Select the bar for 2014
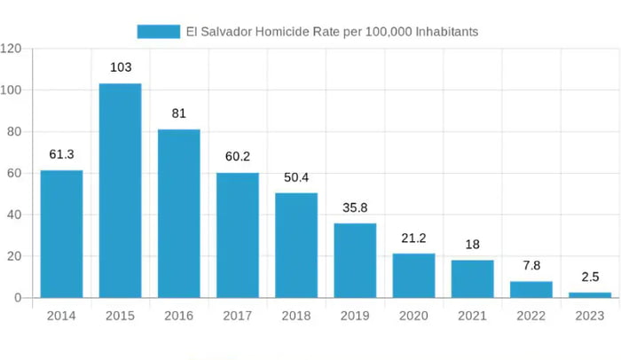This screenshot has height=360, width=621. [x=61, y=234]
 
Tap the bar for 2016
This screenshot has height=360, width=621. [x=179, y=214]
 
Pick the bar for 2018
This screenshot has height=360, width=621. [x=296, y=246]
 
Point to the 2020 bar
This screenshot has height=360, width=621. [x=413, y=276]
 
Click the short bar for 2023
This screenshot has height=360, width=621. [x=590, y=294]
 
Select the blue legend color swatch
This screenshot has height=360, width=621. [x=158, y=32]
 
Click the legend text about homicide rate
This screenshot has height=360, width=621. [x=332, y=32]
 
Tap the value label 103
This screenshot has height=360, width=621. [x=121, y=67]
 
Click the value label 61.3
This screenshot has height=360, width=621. [x=61, y=154]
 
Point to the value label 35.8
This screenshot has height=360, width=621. [x=355, y=207]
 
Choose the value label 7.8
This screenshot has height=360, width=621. [x=531, y=265]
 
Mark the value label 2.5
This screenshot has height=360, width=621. [x=590, y=277]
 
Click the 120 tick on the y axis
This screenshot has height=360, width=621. [x=12, y=49]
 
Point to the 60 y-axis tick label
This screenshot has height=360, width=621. [x=14, y=173]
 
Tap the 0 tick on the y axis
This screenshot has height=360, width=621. [x=18, y=298]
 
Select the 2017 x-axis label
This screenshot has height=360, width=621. [x=238, y=317]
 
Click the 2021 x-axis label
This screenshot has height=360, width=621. [x=472, y=317]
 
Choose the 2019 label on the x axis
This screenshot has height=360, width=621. [x=355, y=317]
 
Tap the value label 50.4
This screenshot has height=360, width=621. [x=296, y=177]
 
